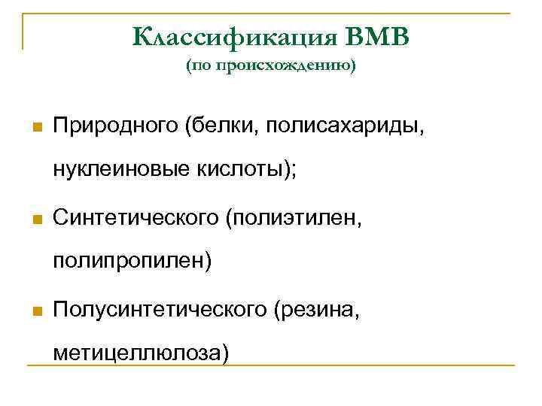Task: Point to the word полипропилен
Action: pyautogui.click(x=129, y=262)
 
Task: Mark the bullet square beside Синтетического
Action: pyautogui.click(x=35, y=220)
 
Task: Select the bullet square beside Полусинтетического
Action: pyautogui.click(x=35, y=311)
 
